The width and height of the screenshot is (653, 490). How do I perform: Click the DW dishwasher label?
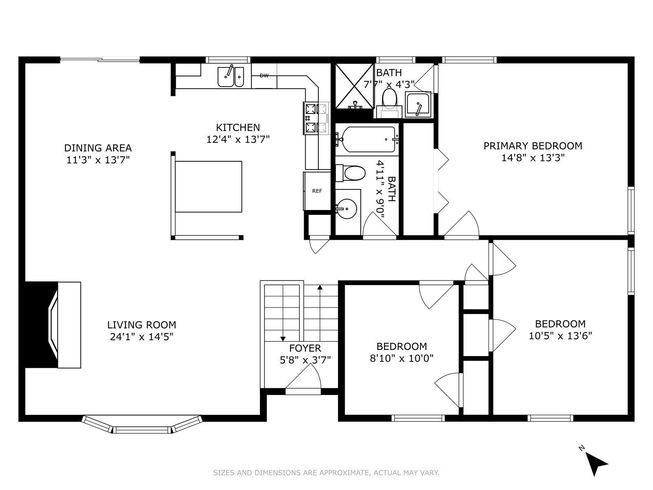click(264, 76)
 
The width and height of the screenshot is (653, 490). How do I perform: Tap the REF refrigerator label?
click(317, 191)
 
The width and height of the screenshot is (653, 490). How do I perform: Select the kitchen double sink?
click(231, 77)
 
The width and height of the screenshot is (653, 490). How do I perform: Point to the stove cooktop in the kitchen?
click(316, 118)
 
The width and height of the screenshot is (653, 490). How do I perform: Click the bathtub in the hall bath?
click(367, 140)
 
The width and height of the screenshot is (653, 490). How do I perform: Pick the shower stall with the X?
click(354, 86)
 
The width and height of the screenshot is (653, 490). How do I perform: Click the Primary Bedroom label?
click(533, 146)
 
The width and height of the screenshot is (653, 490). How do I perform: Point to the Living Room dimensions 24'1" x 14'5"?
click(142, 337)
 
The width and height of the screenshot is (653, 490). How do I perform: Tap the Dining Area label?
click(98, 148)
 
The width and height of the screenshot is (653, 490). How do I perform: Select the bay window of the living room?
click(142, 425)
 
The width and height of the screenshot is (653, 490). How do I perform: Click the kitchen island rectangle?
click(209, 187)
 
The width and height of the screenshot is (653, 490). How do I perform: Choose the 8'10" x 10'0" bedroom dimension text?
click(402, 358)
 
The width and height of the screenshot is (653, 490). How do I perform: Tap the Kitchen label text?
click(238, 127)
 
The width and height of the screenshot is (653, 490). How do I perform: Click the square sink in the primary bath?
click(418, 104)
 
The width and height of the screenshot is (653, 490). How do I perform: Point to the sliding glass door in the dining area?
click(100, 60)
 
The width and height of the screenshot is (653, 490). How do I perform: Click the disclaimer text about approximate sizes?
click(326, 472)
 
